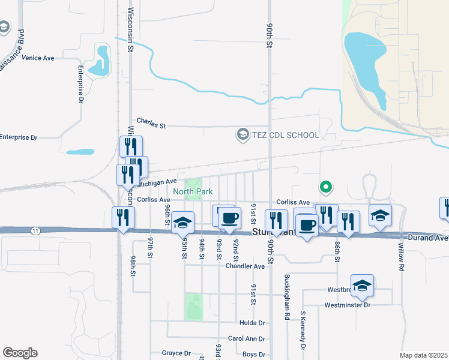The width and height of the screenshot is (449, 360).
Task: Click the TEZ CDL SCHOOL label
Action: (286, 135)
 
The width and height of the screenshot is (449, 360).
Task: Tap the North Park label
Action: (193, 192)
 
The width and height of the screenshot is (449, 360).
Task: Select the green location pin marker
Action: (326, 187)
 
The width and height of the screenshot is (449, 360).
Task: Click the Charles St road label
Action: (151, 123)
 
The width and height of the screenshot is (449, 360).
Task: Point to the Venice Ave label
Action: (38, 58)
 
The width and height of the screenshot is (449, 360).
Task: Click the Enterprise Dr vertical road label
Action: (80, 85)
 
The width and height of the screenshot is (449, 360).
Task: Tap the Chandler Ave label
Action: (245, 266)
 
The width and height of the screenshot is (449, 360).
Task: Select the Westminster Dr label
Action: (348, 305)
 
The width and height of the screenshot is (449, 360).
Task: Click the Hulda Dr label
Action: (252, 323)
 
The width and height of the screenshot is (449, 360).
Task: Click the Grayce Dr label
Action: (176, 353)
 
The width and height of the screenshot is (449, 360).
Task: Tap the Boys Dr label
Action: (253, 355)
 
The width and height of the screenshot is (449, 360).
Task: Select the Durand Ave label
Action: (429, 238)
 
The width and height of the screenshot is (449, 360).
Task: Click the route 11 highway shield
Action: (37, 230)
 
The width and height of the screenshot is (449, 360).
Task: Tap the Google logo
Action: (20, 353)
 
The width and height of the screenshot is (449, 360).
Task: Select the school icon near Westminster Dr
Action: (363, 286)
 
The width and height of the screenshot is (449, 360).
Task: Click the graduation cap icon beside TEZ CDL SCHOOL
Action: (243, 134)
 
